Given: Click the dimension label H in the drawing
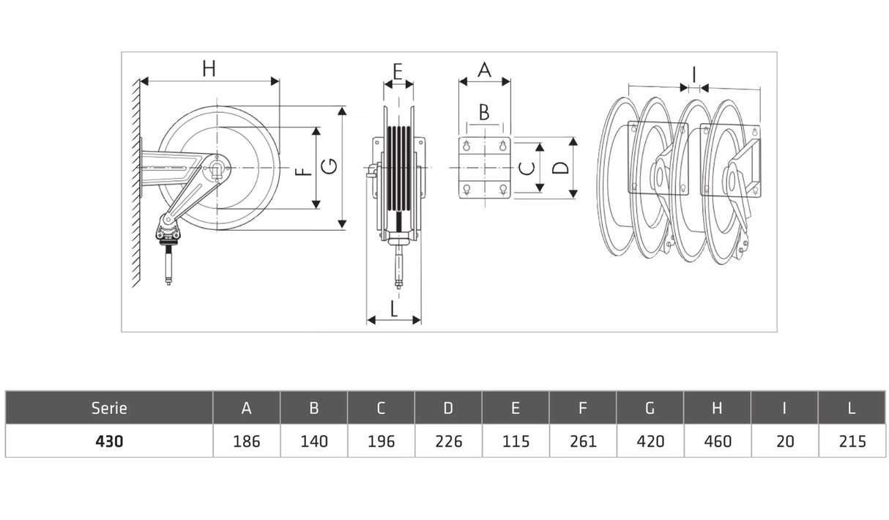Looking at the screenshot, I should click(x=209, y=69).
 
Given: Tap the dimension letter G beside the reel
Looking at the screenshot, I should click(x=330, y=168).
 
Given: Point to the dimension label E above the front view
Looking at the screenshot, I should click(x=398, y=72).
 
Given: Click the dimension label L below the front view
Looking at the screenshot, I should click(x=394, y=309).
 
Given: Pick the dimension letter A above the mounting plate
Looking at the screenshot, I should click(x=484, y=70).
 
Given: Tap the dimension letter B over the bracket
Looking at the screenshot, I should click(x=484, y=112).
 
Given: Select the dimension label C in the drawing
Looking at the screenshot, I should click(x=527, y=168).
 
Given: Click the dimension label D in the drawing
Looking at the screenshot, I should click(x=560, y=168).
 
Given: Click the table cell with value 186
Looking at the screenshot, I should click(x=246, y=441).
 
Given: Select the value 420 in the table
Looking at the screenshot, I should click(x=650, y=441).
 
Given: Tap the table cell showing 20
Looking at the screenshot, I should click(x=784, y=441).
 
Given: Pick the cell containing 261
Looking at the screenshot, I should click(x=583, y=441).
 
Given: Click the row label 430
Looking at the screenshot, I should click(x=109, y=441).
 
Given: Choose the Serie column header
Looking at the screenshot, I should click(x=109, y=408).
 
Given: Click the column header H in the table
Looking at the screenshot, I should click(x=717, y=408).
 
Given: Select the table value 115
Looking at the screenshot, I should click(x=516, y=441).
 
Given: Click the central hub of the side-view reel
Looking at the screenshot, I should click(x=218, y=169).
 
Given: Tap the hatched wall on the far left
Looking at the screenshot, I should click(x=134, y=183).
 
